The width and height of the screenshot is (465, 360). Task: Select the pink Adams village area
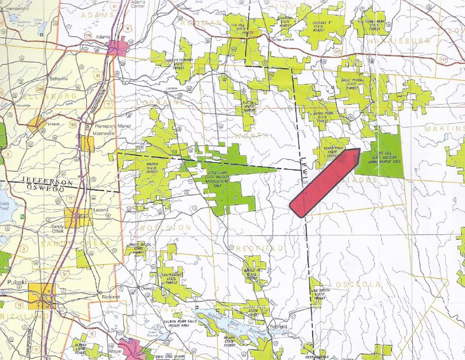123,47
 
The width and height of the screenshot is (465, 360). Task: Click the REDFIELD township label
259,248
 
